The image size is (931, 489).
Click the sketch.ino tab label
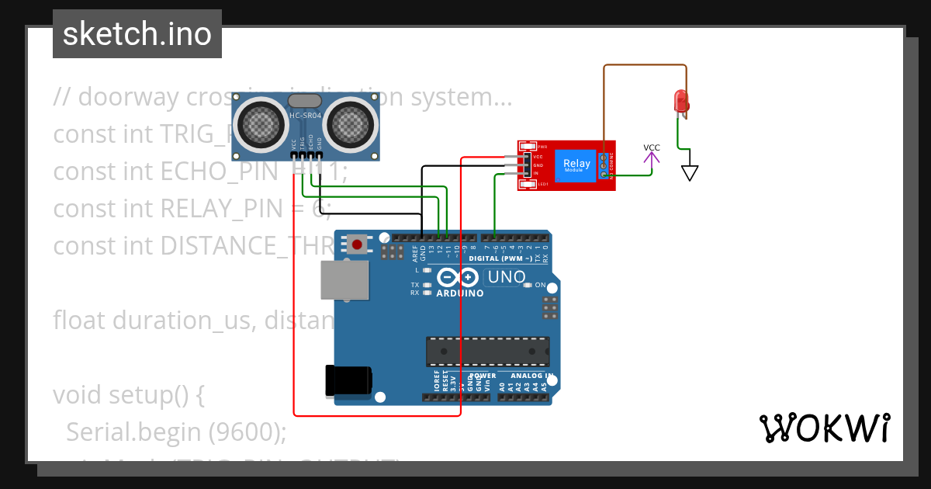[137, 34]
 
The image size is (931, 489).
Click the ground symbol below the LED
[689, 172]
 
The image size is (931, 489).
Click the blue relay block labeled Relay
[576, 165]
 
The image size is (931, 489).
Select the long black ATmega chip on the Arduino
[487, 352]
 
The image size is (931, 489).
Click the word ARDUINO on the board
[460, 293]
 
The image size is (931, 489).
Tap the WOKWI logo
[824, 428]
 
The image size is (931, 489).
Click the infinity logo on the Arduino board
[458, 277]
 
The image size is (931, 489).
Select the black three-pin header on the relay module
[527, 165]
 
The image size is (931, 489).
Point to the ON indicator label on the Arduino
[541, 285]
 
